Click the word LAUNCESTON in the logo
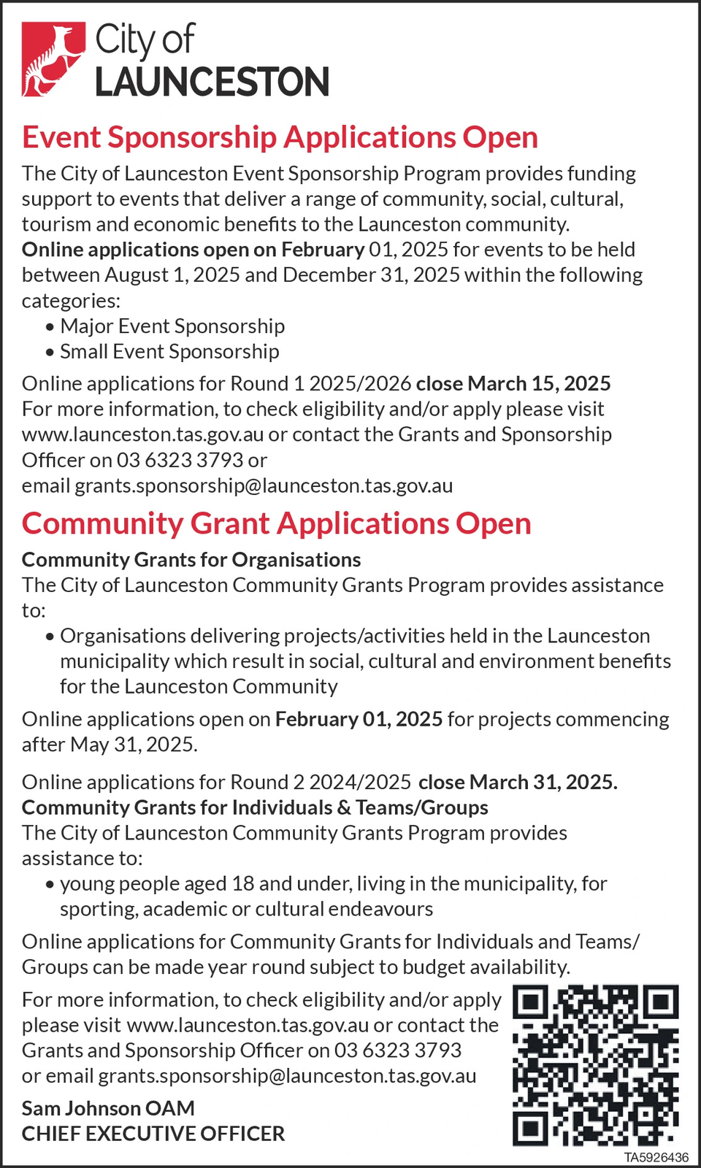tap(212, 82)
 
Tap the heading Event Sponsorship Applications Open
tap(280, 137)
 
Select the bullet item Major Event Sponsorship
tap(172, 326)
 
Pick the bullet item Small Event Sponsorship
tap(169, 352)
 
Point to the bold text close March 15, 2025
tap(513, 384)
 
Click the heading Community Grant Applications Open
tap(276, 523)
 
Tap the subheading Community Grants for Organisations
tap(191, 560)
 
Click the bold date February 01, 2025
tap(359, 719)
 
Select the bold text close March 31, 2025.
tap(518, 782)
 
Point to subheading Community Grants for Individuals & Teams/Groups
tap(255, 807)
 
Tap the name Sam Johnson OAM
tap(108, 1108)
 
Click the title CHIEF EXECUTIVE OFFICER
tap(153, 1134)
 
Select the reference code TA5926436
tap(656, 1158)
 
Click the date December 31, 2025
tap(372, 275)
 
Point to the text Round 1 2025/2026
tap(321, 384)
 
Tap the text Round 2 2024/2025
tap(321, 782)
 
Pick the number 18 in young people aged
tap(243, 884)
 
